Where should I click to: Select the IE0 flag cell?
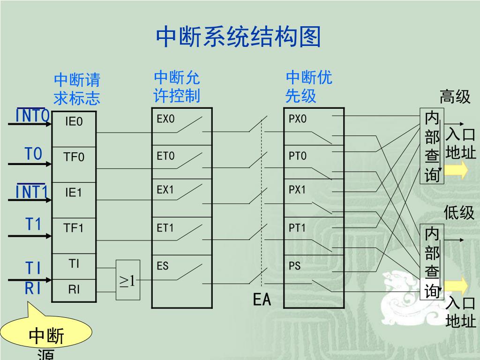click(x=74, y=122)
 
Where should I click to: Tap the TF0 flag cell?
click(x=74, y=157)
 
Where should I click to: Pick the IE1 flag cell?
click(x=74, y=193)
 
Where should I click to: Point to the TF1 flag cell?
click(x=74, y=228)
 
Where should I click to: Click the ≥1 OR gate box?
click(x=127, y=280)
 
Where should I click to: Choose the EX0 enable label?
click(x=165, y=119)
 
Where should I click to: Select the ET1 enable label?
click(x=165, y=228)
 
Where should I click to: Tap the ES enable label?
click(x=163, y=266)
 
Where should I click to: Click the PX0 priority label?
click(x=297, y=119)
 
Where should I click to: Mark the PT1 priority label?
click(x=297, y=228)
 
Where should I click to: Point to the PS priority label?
click(x=294, y=266)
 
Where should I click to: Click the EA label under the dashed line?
click(x=262, y=300)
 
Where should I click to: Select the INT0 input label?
click(x=32, y=115)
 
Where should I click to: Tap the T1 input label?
click(x=33, y=225)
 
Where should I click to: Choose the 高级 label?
click(x=455, y=97)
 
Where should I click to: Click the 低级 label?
click(x=459, y=213)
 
